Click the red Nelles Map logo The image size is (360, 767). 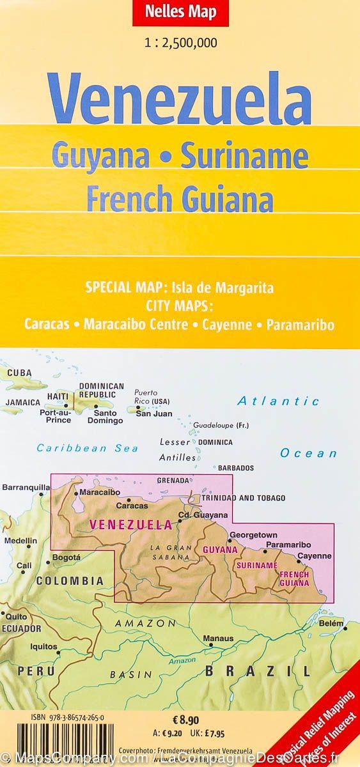point(180,12)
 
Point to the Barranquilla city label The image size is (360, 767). point(26,488)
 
